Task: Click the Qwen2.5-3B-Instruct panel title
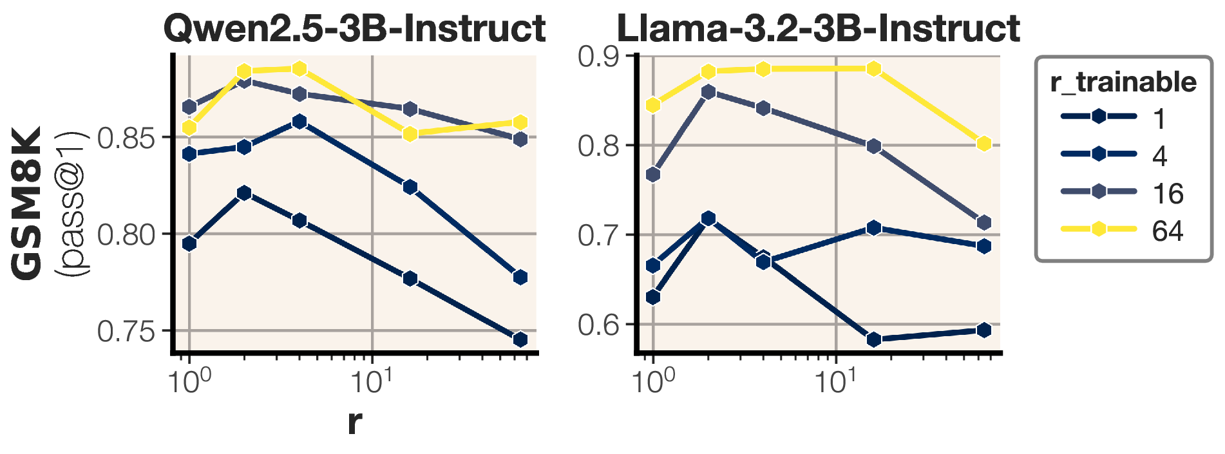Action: point(354,28)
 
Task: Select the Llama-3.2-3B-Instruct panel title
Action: point(818,28)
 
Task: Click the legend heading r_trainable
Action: point(1123,82)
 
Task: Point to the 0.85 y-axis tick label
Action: point(126,138)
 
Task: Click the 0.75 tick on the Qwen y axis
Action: point(126,332)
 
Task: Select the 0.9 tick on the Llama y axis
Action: point(598,57)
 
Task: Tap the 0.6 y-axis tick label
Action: point(598,325)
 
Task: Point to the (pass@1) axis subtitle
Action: point(72,203)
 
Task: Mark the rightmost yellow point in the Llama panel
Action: point(983,144)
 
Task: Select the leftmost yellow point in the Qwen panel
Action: point(189,128)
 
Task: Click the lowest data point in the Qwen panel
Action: point(520,339)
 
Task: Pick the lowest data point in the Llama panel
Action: point(874,339)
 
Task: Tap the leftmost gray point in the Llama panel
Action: point(654,175)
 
